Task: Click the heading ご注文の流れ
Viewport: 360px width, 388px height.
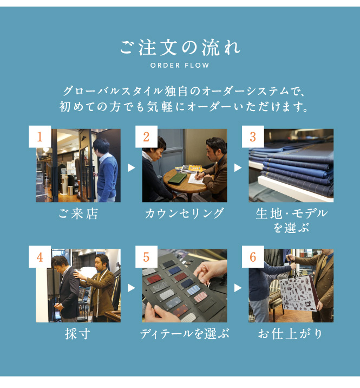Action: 180,48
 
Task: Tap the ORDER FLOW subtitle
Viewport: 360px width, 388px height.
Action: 180,66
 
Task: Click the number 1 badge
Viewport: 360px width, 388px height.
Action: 40,137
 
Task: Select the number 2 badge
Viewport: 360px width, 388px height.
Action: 146,137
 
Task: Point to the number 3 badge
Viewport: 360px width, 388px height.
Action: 253,137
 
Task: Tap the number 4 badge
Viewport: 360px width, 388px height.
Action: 40,257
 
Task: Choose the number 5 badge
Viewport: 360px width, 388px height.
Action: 146,257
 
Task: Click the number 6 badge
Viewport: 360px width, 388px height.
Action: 253,257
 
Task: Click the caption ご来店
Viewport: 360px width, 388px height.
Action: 78,214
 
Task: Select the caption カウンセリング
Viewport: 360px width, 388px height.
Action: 185,214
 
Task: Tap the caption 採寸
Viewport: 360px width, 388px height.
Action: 77,334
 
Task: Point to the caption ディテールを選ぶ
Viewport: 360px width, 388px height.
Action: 185,334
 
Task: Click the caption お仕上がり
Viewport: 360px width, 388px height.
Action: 290,334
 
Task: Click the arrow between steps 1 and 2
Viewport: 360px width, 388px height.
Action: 131,168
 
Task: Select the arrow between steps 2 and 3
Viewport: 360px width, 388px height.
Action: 238,168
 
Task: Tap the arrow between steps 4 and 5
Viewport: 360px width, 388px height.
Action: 131,288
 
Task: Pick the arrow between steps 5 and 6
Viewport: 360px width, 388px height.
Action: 238,288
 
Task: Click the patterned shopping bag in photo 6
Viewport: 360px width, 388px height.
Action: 298,294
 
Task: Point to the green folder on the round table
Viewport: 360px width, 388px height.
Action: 177,178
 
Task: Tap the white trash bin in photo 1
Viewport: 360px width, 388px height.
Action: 70,190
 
